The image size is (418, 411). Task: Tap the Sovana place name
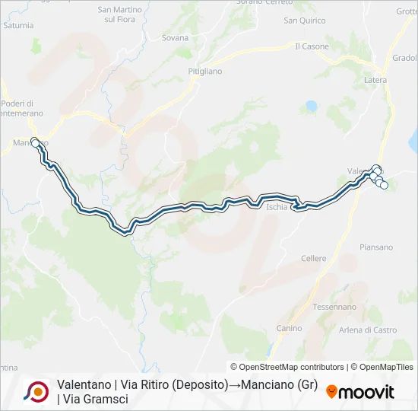click(175, 37)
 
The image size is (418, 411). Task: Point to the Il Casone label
click(312, 46)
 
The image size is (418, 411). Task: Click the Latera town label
click(375, 80)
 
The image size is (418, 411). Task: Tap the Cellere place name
click(313, 259)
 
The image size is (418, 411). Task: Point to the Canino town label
click(289, 328)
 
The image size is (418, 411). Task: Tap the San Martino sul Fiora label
click(117, 14)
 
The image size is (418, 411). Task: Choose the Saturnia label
click(17, 25)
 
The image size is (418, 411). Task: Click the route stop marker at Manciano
click(35, 142)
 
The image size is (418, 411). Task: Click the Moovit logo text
click(366, 392)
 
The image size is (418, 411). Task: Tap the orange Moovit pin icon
click(331, 392)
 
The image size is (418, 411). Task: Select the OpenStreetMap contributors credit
click(287, 367)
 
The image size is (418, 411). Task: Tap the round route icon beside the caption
click(36, 391)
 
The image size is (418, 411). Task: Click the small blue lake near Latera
click(310, 107)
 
